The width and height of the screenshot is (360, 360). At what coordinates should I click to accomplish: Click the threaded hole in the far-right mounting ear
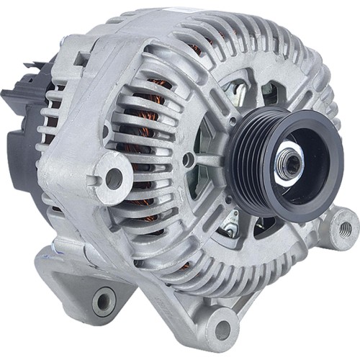coord(345,229)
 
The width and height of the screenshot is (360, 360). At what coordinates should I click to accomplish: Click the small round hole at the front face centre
coord(188,159)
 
